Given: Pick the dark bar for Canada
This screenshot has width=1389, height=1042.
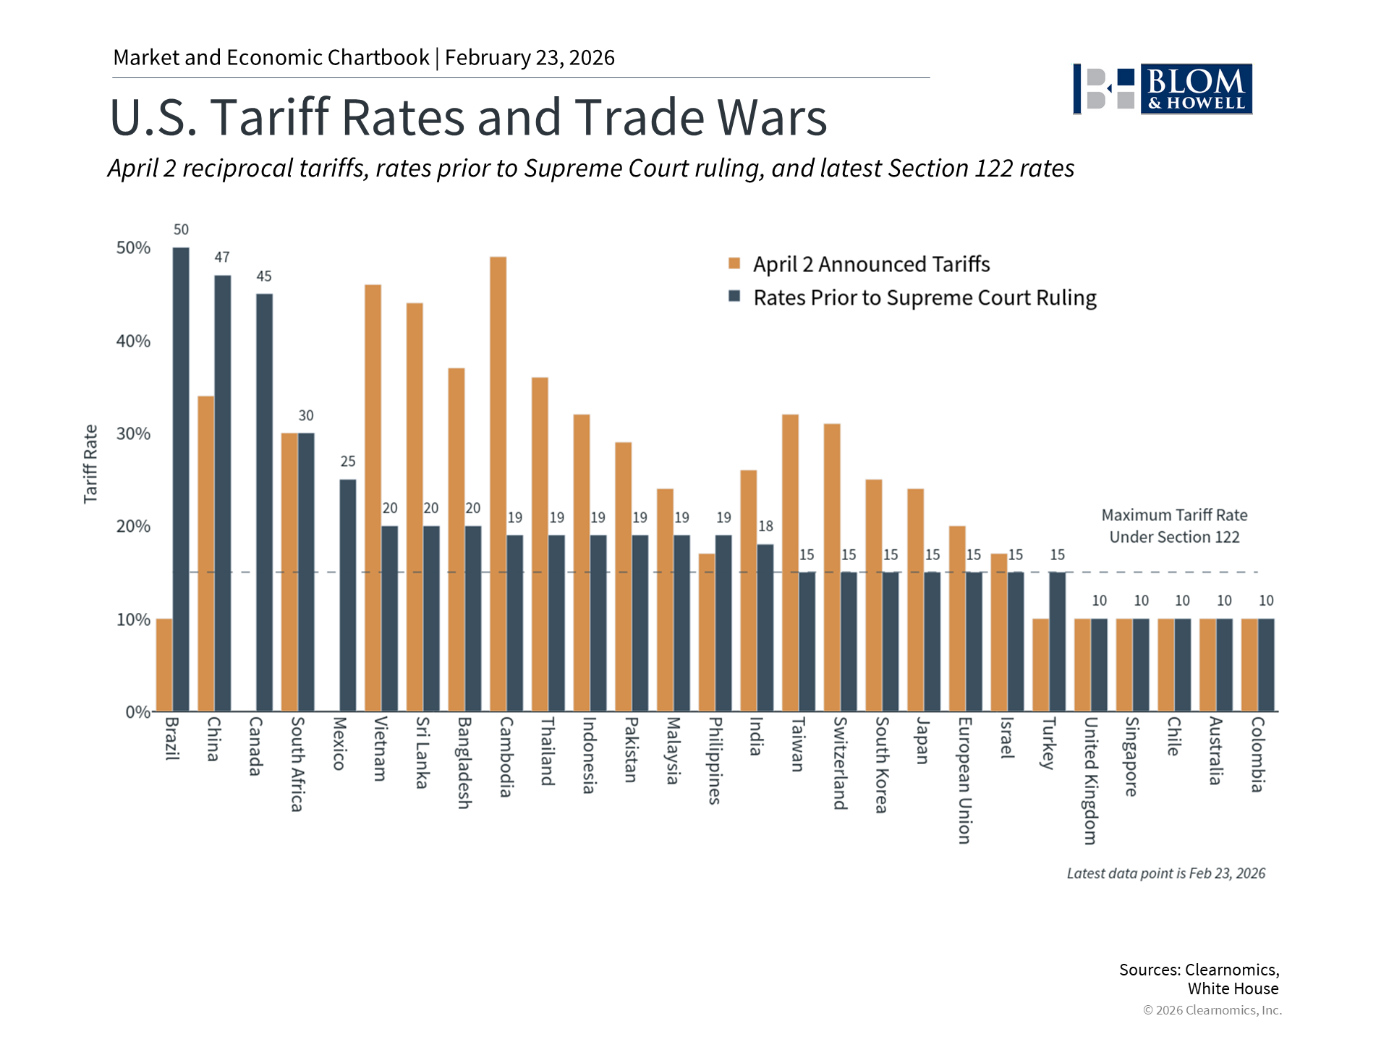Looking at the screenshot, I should (265, 502).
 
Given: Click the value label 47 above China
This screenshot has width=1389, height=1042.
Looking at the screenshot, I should (222, 258).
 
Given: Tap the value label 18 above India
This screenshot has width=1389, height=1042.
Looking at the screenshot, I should (765, 527).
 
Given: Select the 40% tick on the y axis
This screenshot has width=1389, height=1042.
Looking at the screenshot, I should (133, 341).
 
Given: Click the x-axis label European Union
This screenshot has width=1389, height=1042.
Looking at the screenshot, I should (965, 780).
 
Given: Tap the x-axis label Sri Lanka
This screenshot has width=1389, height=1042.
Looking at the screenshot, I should (423, 753).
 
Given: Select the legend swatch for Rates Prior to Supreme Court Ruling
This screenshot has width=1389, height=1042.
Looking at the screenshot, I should (734, 297).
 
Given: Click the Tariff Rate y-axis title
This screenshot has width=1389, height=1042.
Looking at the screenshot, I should (90, 464).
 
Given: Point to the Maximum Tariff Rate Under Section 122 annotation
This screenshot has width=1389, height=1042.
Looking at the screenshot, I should (1174, 526).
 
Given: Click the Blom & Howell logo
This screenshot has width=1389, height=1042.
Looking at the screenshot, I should (1163, 89).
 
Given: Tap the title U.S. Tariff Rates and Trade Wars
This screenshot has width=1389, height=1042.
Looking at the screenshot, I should (468, 117).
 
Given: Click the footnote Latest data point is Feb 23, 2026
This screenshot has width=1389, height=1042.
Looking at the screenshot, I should (1165, 873).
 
